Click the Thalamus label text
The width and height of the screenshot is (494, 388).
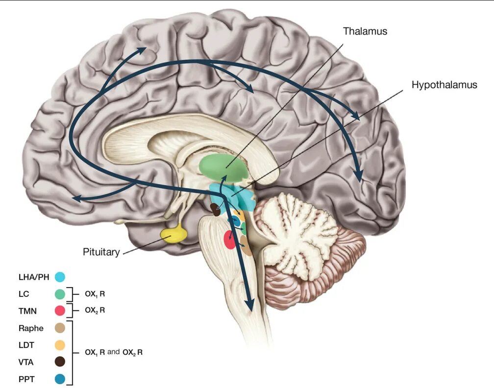pyautogui.click(x=365, y=31)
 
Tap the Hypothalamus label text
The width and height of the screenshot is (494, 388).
pyautogui.click(x=444, y=85)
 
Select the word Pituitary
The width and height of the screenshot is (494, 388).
pyautogui.click(x=101, y=252)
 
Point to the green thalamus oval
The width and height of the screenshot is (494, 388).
pyautogui.click(x=224, y=168)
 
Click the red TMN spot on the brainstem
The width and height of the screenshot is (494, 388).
pyautogui.click(x=229, y=240)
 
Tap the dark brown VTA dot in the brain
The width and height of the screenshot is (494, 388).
pyautogui.click(x=215, y=210)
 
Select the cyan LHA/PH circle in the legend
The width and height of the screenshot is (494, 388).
pyautogui.click(x=60, y=277)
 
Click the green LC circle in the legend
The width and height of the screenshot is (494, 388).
pyautogui.click(x=60, y=294)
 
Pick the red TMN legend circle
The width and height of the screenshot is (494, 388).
pyautogui.click(x=60, y=311)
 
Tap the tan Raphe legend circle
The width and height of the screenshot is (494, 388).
pyautogui.click(x=60, y=328)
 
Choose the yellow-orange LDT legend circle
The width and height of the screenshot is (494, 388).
pyautogui.click(x=60, y=345)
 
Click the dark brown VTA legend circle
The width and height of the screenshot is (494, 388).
pyautogui.click(x=60, y=362)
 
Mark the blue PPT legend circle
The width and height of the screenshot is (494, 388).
pyautogui.click(x=60, y=379)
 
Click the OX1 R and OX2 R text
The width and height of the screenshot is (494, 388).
pyautogui.click(x=113, y=352)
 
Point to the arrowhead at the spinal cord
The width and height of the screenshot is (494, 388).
pyautogui.click(x=251, y=305)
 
